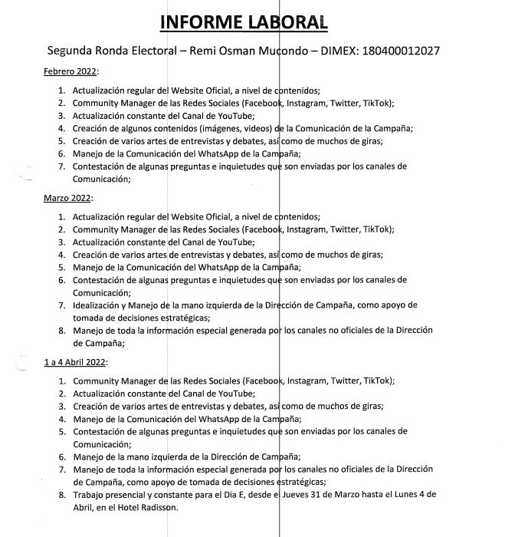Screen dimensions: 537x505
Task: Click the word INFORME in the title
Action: coord(201,21)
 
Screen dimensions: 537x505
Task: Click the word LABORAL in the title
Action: coord(289,21)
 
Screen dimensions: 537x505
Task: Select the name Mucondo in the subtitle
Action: coord(285,51)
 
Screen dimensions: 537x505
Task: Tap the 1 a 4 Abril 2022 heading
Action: coord(76,361)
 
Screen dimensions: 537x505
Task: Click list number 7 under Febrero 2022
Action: coord(62,166)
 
